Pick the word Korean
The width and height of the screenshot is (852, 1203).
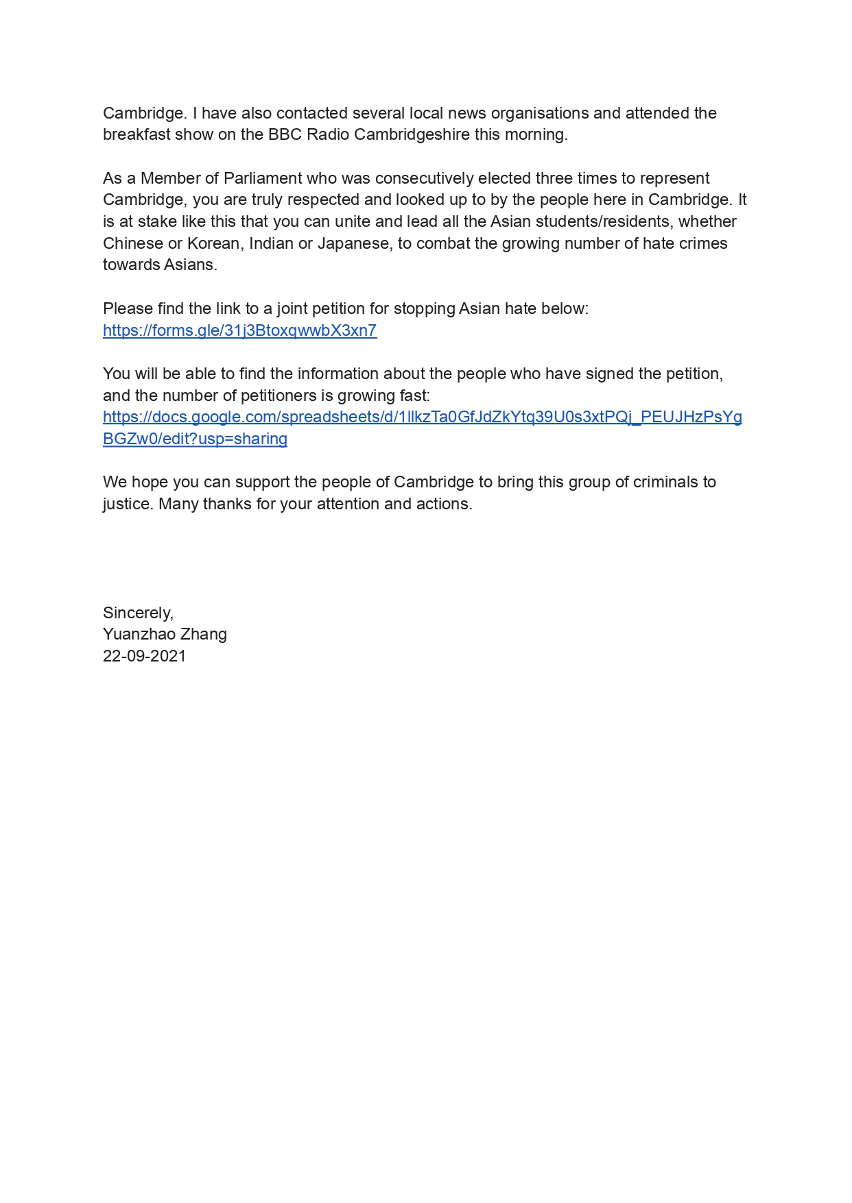coord(213,243)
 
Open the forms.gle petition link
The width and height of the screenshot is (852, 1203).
coord(239,330)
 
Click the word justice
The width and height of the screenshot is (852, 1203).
coord(128,504)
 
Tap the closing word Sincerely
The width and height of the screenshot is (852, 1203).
coord(138,613)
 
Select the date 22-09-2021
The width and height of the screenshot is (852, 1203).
coord(144,656)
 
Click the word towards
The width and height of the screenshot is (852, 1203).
coord(129,265)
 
